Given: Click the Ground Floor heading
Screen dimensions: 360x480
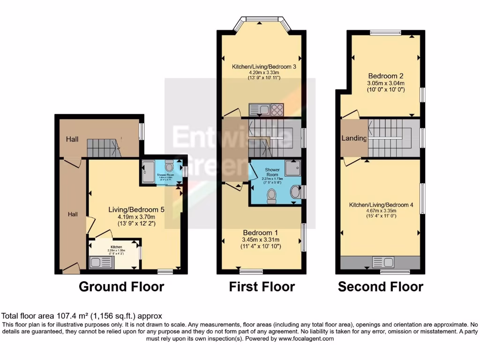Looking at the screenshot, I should pos(121,286).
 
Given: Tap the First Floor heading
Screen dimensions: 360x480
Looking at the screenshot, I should pos(262,286).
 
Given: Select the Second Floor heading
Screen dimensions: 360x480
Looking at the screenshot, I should pos(381,286).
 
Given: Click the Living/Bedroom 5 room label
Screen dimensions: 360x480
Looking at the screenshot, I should pos(136,210).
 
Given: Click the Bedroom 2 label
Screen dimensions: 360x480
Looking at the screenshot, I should pos(386,76).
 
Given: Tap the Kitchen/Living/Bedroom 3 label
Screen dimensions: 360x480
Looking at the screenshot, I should pos(264,67).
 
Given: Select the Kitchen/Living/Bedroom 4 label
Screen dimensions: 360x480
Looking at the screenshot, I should pos(381,205).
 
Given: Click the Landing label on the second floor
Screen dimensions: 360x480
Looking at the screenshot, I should pos(354,138).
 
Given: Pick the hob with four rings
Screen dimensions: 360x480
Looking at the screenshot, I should pos(277,110).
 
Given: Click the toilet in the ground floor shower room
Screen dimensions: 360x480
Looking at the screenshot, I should pos(170,167).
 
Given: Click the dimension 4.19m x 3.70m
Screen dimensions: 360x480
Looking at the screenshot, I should pos(136,217).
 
